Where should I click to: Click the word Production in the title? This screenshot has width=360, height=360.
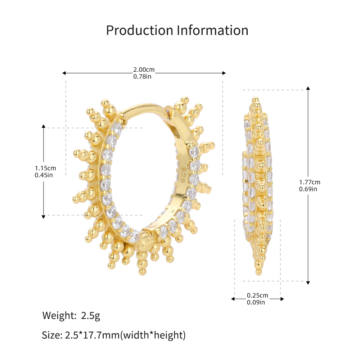(140, 30)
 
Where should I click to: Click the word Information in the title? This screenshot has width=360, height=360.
(213, 30)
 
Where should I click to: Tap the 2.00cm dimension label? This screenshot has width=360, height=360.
(144, 69)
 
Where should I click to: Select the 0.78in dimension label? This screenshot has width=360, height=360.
(142, 76)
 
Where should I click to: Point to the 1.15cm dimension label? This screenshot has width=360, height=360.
(45, 168)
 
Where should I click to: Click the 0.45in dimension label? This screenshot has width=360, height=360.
(44, 175)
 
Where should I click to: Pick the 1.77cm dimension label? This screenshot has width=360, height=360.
(310, 182)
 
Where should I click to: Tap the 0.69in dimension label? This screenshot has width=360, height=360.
(308, 189)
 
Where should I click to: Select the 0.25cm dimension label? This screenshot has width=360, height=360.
(257, 295)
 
